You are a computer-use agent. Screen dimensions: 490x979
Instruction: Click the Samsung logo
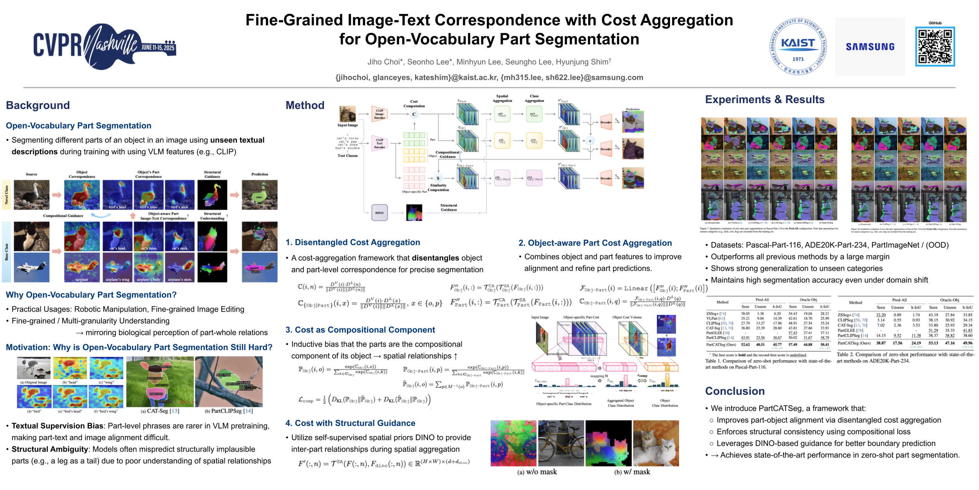[870, 47]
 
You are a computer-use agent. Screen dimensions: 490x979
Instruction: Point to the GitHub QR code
[935, 47]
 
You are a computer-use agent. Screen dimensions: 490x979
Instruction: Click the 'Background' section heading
[38, 105]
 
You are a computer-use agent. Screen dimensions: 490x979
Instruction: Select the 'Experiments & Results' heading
[765, 100]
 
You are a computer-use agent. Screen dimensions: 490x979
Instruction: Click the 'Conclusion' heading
[735, 391]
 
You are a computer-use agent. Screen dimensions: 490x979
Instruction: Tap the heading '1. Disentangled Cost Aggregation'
[352, 243]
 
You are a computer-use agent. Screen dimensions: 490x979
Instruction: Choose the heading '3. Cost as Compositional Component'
[360, 330]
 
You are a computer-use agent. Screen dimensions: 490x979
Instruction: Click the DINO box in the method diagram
[379, 213]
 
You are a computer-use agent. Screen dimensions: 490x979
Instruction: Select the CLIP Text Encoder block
[379, 143]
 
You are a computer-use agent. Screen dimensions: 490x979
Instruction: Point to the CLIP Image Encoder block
[379, 114]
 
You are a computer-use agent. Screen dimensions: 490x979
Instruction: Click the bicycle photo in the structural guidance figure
[561, 443]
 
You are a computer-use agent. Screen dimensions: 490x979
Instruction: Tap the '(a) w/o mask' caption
[537, 472]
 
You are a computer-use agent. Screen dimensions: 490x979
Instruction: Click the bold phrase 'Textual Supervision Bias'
[58, 426]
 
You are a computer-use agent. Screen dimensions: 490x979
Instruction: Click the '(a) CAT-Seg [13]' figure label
[160, 411]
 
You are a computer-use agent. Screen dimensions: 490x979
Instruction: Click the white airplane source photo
[32, 267]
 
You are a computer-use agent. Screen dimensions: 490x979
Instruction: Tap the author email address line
[489, 78]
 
